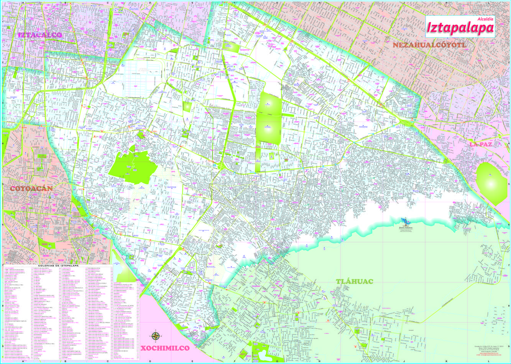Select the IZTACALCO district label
click(x=40, y=35)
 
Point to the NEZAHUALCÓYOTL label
click(x=429, y=45)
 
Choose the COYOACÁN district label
click(x=31, y=189)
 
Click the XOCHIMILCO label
click(x=165, y=348)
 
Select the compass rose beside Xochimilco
click(x=156, y=336)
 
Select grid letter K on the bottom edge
click(x=446, y=361)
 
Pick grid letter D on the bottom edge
click(x=150, y=361)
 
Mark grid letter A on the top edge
click(x=23, y=2)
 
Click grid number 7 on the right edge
click(x=509, y=265)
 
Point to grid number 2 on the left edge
click(x=2, y=62)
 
